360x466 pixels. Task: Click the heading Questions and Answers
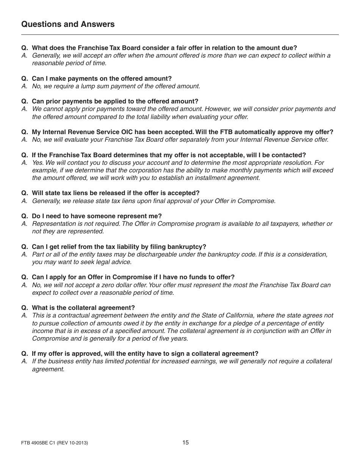point(68,24)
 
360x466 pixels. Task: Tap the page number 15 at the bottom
point(185,442)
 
